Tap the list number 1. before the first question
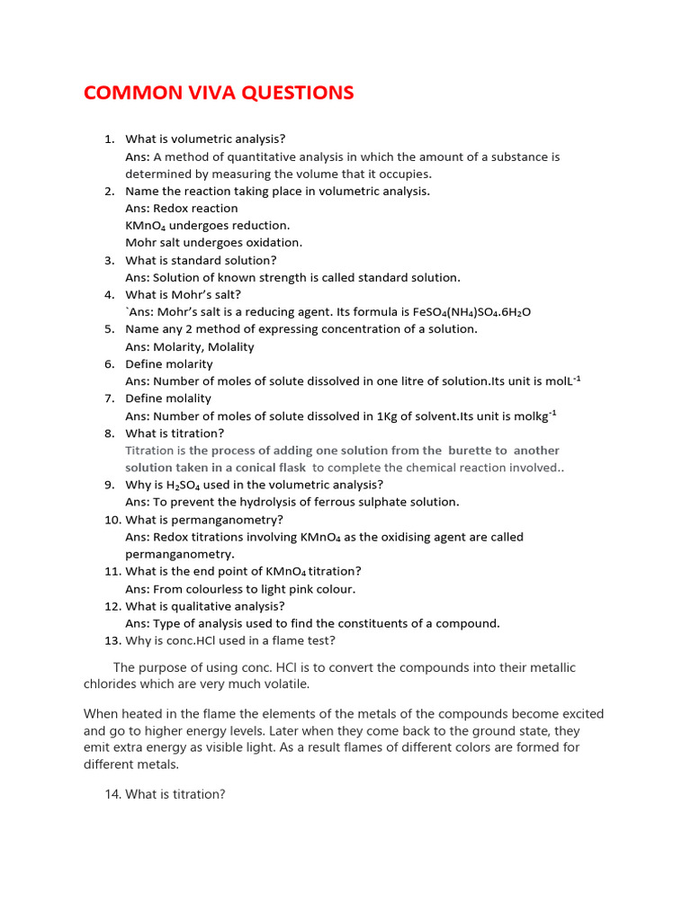pos(109,139)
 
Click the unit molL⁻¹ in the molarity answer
pos(561,380)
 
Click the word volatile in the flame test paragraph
pos(283,684)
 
